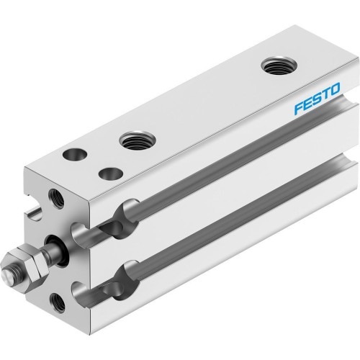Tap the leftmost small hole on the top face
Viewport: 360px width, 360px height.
point(73,153)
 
